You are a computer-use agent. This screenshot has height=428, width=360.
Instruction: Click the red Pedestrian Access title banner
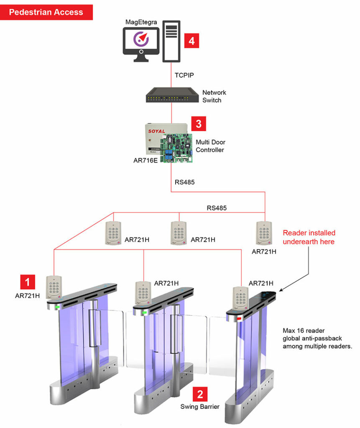click(46, 12)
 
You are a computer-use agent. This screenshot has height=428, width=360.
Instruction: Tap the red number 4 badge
click(191, 41)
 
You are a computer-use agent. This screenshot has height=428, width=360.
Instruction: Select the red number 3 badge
click(199, 124)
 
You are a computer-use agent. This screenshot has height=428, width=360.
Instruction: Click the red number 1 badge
click(28, 282)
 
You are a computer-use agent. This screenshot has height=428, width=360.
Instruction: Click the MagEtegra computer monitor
click(141, 41)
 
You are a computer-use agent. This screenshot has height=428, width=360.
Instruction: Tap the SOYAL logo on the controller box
click(157, 131)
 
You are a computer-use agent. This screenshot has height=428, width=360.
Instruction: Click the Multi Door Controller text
click(210, 146)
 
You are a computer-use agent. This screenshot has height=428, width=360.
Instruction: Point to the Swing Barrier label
click(200, 406)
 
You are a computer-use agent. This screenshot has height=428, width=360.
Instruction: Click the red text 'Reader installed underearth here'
click(309, 237)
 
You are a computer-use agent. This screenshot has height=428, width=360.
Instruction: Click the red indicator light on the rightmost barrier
click(240, 318)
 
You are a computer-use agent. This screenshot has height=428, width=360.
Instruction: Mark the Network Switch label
click(214, 97)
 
